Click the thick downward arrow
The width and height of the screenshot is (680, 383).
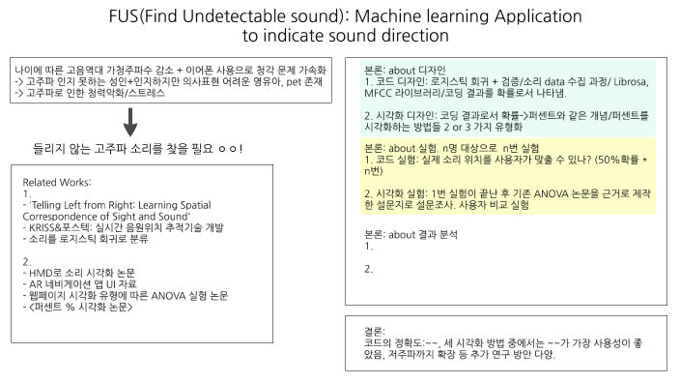point(131,122)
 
